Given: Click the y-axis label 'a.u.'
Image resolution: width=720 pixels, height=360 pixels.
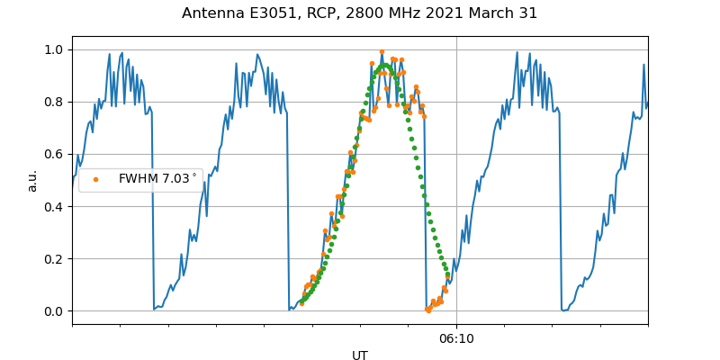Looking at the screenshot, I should (x=32, y=180).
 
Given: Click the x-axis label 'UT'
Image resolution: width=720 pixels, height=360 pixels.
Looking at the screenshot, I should (x=360, y=355).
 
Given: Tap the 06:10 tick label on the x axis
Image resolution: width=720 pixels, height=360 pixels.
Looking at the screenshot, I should (x=456, y=339).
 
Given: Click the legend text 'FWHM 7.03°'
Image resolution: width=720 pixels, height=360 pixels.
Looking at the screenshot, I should (x=157, y=179).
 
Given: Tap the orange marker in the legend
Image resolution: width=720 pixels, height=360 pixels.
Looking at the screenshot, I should (x=96, y=179).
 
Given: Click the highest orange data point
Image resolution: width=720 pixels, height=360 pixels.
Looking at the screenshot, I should (x=382, y=52).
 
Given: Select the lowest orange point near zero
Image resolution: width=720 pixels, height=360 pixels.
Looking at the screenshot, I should (x=428, y=310).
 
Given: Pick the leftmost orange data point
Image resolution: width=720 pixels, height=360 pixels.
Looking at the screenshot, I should (x=301, y=303).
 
